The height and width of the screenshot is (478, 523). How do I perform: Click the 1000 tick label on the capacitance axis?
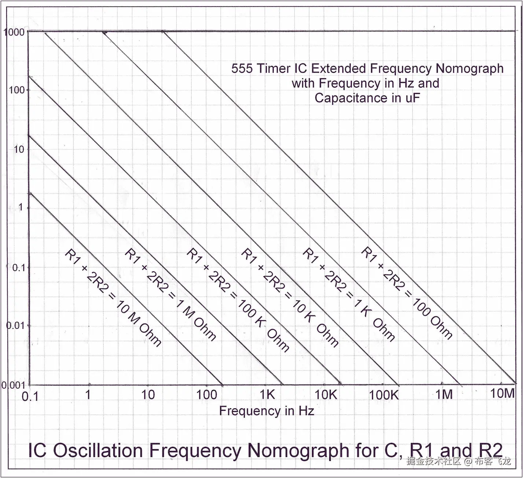click(x=14, y=32)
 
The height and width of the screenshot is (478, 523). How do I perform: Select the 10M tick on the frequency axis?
click(x=502, y=393)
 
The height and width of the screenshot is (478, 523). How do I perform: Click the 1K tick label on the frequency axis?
click(x=267, y=394)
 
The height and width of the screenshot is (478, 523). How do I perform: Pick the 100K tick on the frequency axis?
click(x=383, y=395)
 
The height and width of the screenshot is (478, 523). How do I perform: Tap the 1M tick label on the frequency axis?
click(x=444, y=394)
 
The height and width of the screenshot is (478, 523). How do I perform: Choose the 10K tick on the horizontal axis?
click(x=326, y=395)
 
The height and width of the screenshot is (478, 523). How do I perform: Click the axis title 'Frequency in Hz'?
click(x=266, y=410)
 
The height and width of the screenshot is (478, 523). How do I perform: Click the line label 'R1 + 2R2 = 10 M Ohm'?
click(x=113, y=297)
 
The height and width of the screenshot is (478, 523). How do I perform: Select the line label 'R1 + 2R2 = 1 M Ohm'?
click(x=170, y=295)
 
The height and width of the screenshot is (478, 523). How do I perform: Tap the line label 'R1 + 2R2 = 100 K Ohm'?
click(x=238, y=299)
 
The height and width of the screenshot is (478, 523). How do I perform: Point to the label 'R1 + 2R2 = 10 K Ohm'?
click(x=290, y=297)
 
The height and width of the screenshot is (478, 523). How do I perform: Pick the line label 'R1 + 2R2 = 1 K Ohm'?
click(x=349, y=295)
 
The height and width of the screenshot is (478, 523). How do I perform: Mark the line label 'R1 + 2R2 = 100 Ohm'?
click(x=407, y=293)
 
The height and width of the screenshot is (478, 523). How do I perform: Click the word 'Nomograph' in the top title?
click(x=469, y=69)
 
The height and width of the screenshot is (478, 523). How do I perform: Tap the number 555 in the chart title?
click(x=242, y=69)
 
